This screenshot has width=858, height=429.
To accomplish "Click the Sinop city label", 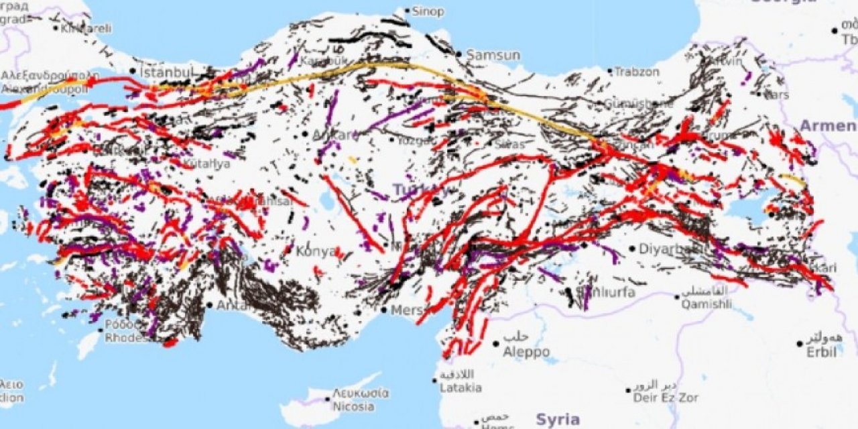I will pyautogui.click(x=427, y=11).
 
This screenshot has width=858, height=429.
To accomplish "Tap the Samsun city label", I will pyautogui.click(x=493, y=55).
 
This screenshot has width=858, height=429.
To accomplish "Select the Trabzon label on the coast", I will pyautogui.click(x=637, y=71).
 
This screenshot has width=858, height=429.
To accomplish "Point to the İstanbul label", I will pyautogui.click(x=166, y=70).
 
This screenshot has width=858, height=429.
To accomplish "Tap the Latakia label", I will pyautogui.click(x=461, y=387).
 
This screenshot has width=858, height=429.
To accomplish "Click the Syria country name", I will pyautogui.click(x=558, y=420).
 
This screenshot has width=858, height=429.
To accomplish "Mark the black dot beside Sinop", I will pyautogui.click(x=407, y=11).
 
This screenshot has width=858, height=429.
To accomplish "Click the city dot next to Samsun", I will pyautogui.click(x=458, y=54).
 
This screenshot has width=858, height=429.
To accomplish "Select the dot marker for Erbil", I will pyautogui.click(x=800, y=344).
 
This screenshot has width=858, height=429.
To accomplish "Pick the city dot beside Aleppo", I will pyautogui.click(x=496, y=343).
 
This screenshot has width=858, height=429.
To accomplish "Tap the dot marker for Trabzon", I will pyautogui.click(x=610, y=71).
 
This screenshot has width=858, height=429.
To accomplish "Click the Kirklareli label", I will pyautogui.click(x=86, y=29).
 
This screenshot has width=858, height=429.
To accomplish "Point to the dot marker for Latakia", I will pyautogui.click(x=435, y=380).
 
